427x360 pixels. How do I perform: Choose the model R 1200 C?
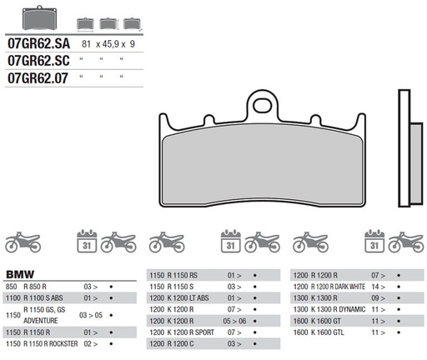coord(188,342)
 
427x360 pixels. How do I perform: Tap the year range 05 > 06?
coord(235,320)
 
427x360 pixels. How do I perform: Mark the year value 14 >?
coord(376,286)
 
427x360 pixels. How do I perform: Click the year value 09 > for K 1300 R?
coord(375,297)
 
